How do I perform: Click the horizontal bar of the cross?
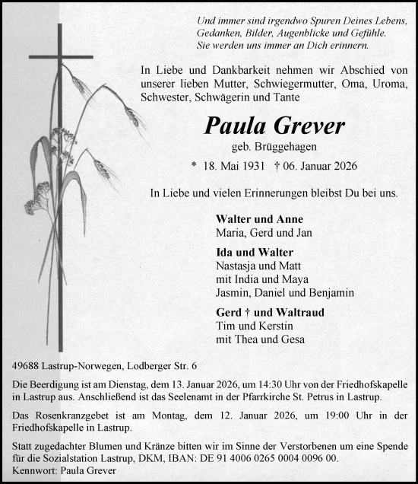(x=62, y=56)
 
